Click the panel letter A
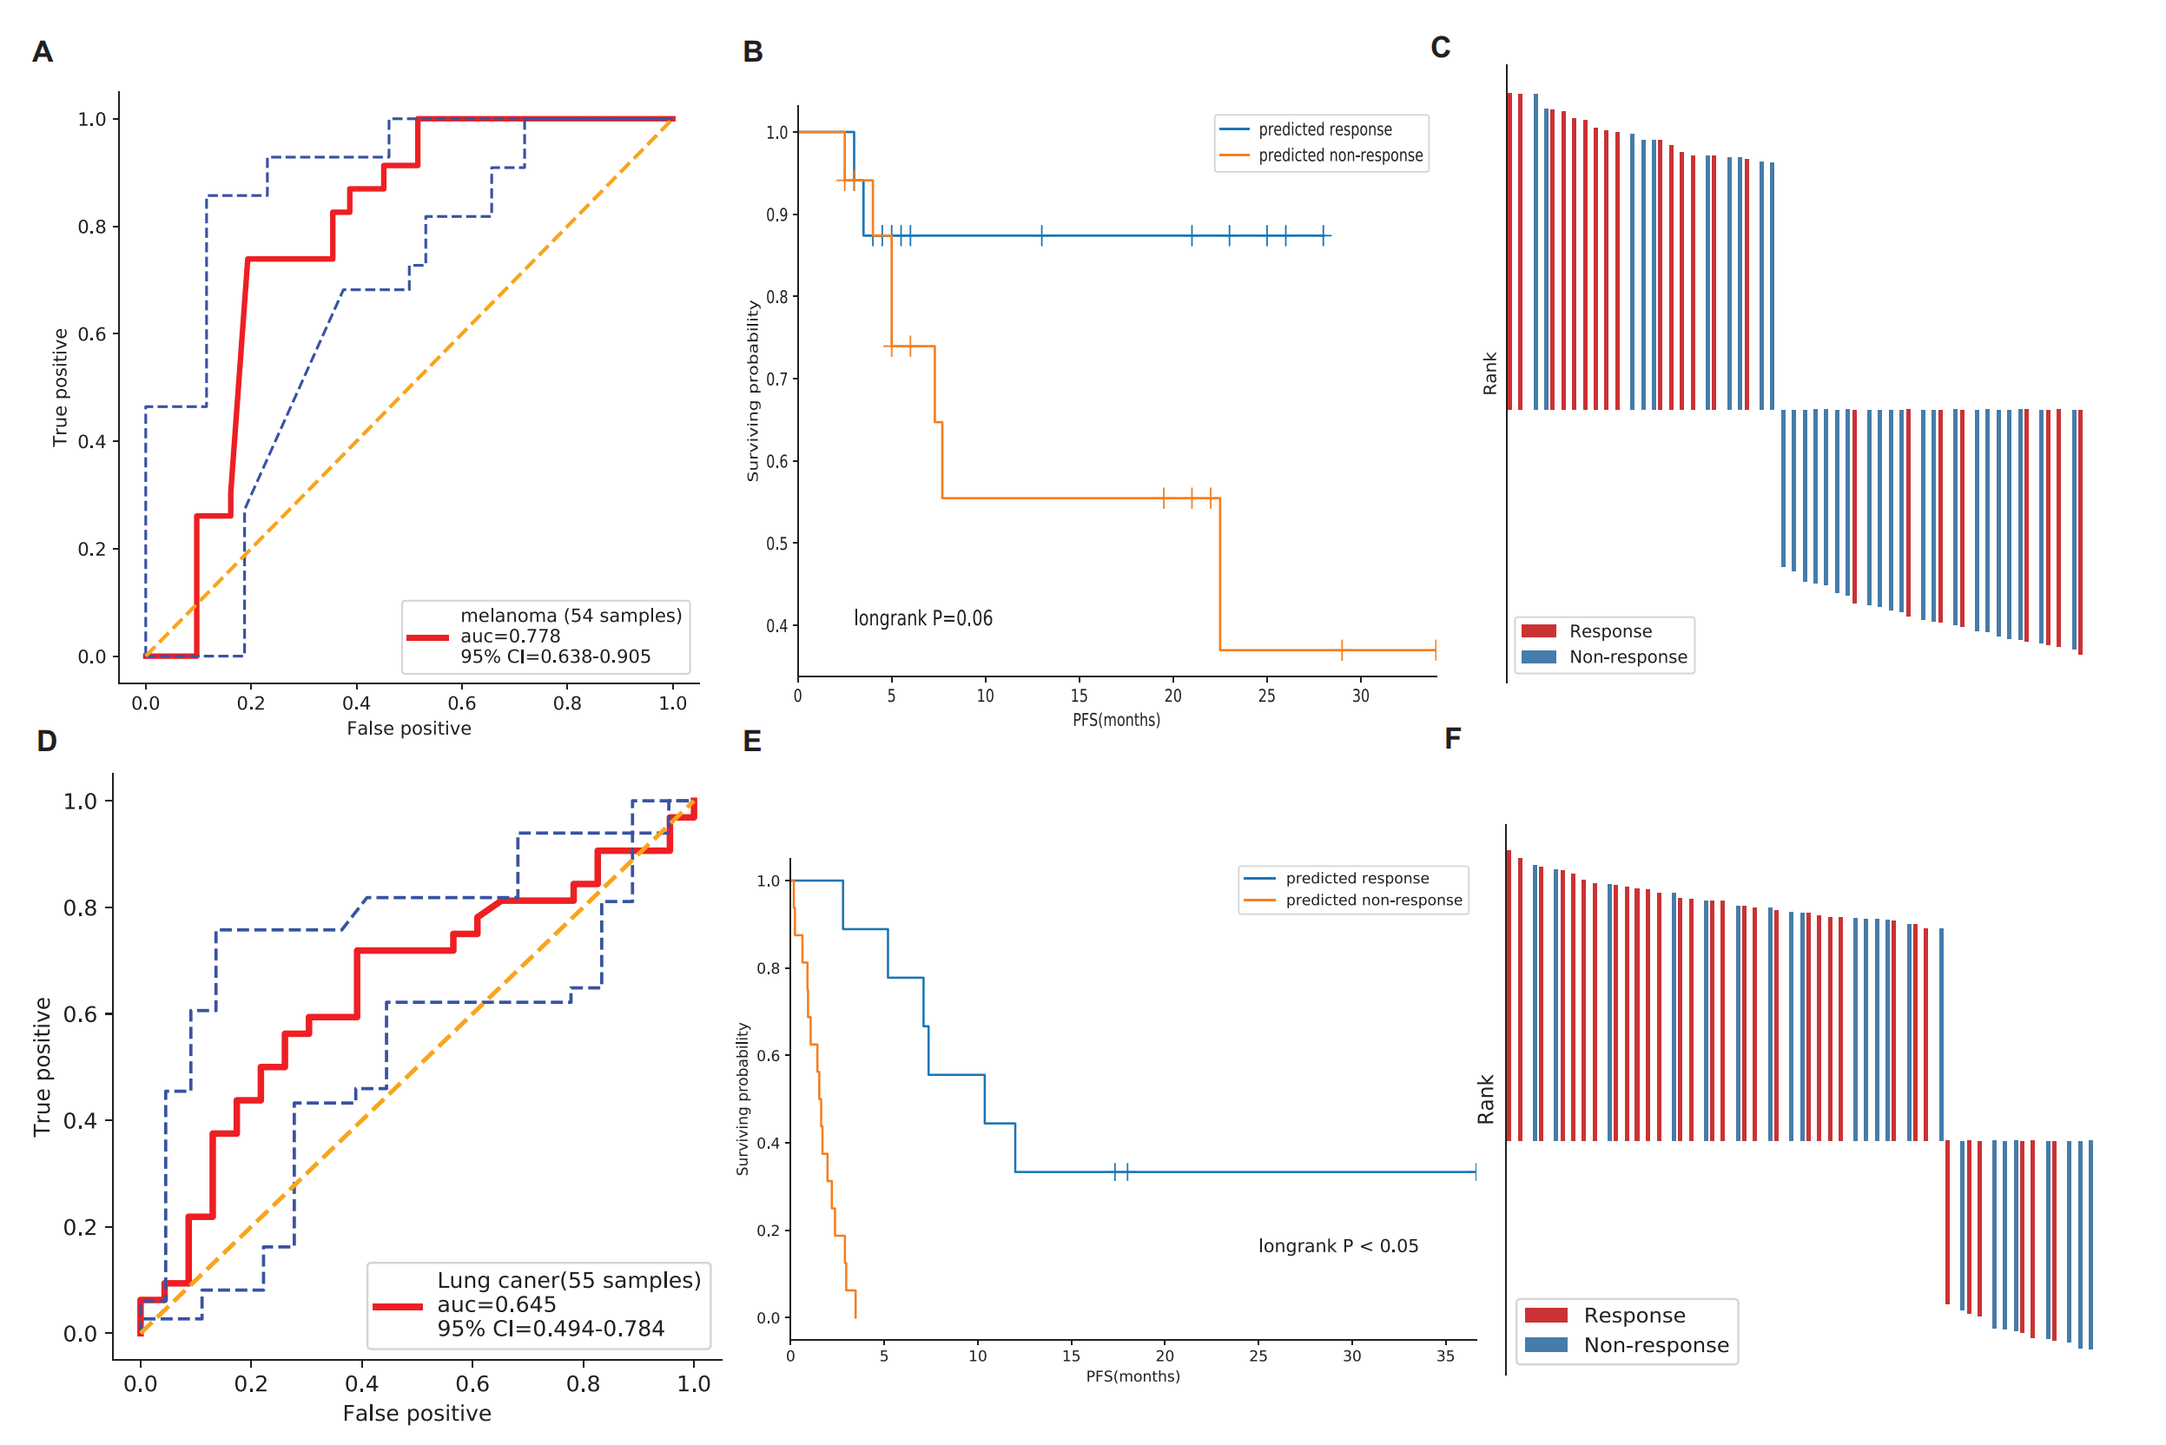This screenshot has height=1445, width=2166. coord(43,51)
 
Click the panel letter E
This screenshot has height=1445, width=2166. coord(752,741)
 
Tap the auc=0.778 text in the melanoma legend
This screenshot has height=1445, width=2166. coord(510,636)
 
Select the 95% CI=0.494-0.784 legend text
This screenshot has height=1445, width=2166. coord(551,1328)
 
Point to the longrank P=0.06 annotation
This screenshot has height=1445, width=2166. coord(922,618)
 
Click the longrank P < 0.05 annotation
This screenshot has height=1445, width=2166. coord(1337,1246)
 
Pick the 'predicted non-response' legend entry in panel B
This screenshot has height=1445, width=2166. coord(1340,155)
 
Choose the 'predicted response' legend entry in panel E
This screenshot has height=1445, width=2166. coord(1357,878)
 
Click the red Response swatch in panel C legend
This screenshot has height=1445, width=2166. coord(1538,631)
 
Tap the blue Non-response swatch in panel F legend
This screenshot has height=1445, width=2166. coord(1546,1344)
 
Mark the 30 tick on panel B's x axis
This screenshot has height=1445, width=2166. coord(1360,696)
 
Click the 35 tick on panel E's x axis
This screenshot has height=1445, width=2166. coord(1445,1356)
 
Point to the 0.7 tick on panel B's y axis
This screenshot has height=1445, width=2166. coord(777,379)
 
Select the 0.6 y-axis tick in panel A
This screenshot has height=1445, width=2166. coord(92,333)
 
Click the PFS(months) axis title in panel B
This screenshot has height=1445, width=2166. coord(1115,720)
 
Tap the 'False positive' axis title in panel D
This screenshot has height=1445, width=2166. coord(417,1413)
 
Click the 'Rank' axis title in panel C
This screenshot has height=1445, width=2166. coord(1489,373)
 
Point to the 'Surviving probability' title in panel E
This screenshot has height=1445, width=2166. coord(743,1099)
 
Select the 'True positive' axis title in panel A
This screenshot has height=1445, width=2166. coord(60,387)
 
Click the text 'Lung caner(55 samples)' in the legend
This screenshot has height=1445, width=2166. coord(569,1280)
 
